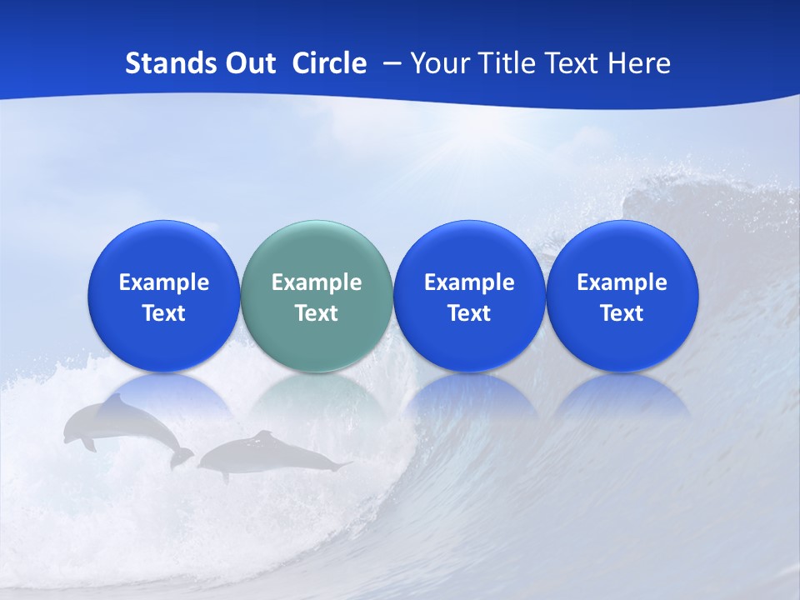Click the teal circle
coord(317,296)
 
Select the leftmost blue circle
coord(163,296)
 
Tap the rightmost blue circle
coord(622,296)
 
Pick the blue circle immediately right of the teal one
coord(469,296)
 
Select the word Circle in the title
coord(329,63)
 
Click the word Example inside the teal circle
coord(317,282)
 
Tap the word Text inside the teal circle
coord(317,313)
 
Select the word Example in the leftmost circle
coord(163,282)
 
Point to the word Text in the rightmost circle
coord(622,313)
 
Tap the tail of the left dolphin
coord(181,457)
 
